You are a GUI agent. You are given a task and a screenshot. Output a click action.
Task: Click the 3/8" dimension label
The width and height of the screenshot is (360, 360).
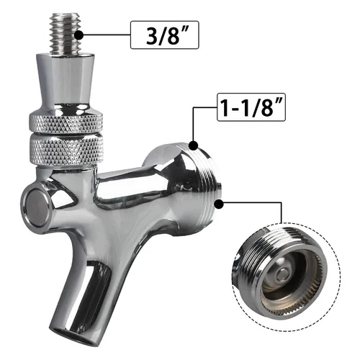point(165,34)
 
